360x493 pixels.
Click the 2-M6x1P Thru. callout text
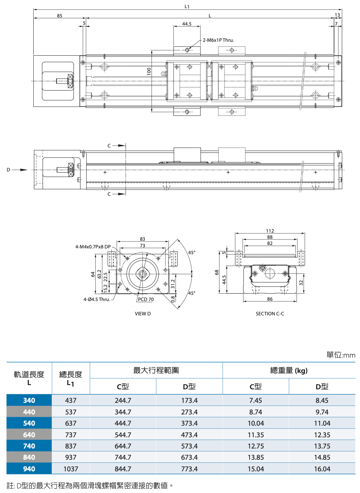(x=218, y=40)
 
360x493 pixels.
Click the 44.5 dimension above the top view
(x=187, y=24)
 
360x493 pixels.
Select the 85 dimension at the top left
(x=60, y=16)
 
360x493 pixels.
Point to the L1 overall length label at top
(x=187, y=6)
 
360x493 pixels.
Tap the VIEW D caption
(x=142, y=313)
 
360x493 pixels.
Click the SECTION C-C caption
(x=270, y=313)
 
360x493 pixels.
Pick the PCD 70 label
(x=146, y=299)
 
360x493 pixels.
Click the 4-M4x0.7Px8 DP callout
(x=93, y=246)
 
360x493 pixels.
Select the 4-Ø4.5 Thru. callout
(x=96, y=299)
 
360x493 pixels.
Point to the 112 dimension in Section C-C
(x=270, y=231)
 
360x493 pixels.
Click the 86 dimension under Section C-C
(x=270, y=299)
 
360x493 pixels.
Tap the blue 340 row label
(x=29, y=401)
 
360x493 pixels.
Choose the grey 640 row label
(x=29, y=435)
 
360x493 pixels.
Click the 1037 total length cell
(x=71, y=469)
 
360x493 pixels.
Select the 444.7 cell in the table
(x=123, y=423)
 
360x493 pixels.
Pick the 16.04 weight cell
(x=322, y=469)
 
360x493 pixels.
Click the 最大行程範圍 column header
(x=156, y=371)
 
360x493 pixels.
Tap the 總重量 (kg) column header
(x=289, y=371)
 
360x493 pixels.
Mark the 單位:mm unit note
(x=341, y=355)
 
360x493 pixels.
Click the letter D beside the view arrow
(x=8, y=169)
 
